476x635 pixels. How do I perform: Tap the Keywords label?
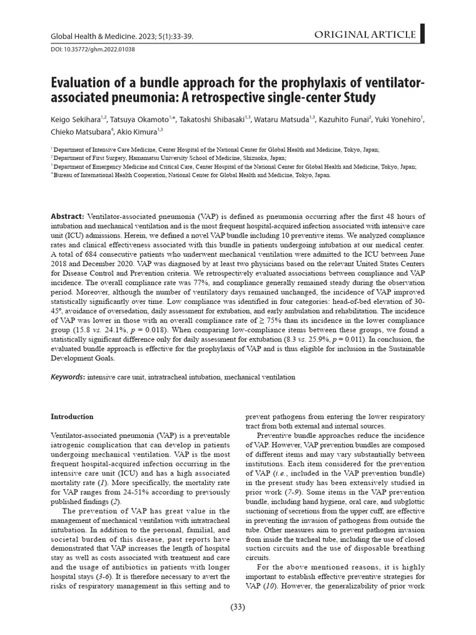click(68, 377)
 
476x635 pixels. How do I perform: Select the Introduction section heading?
click(72, 416)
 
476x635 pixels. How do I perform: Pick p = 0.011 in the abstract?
click(353, 340)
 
